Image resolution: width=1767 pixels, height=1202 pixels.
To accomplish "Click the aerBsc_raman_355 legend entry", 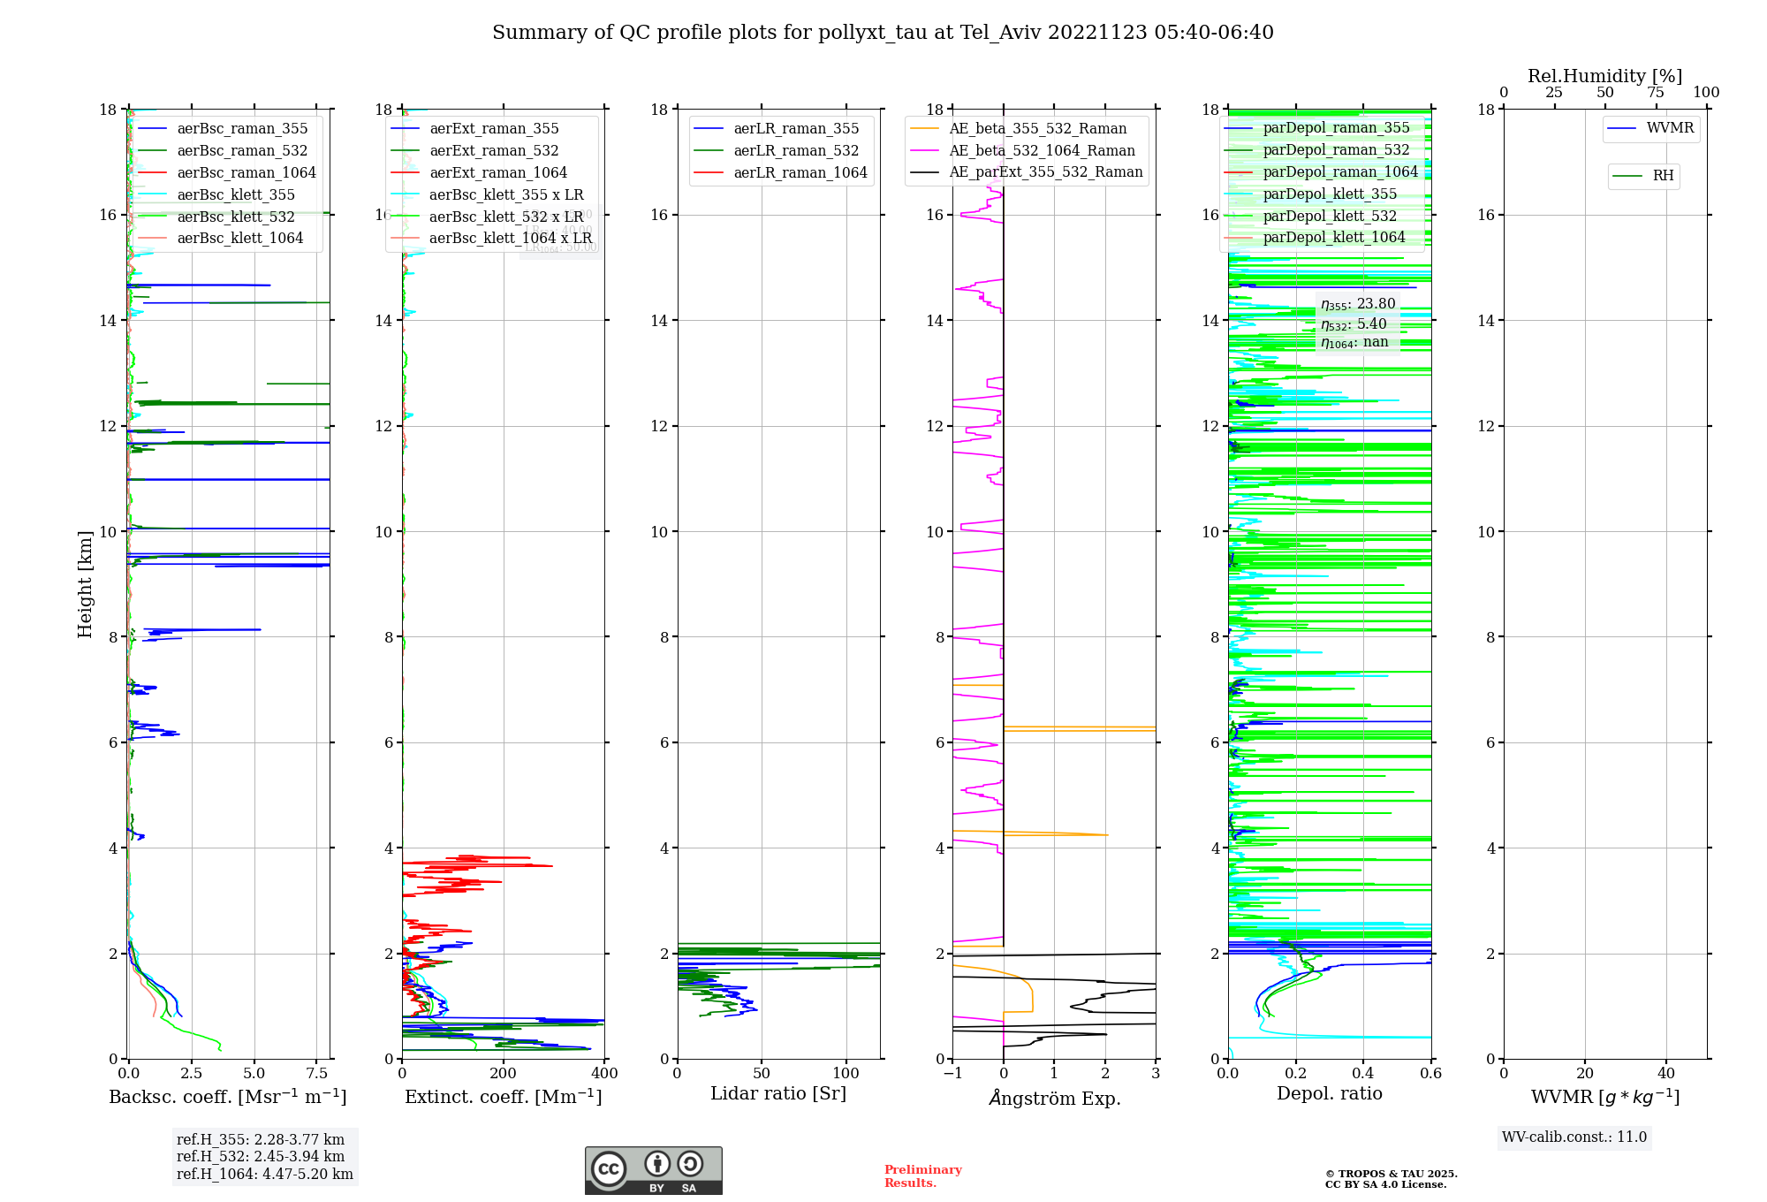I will (x=242, y=129).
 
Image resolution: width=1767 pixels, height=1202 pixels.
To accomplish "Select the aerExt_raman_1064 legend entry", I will (x=498, y=173).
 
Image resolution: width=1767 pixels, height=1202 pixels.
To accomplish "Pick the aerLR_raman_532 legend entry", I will (x=795, y=151).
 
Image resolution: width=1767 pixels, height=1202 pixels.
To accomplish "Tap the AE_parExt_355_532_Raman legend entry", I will (x=1045, y=172).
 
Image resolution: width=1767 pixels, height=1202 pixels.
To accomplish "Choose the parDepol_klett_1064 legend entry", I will (x=1333, y=238).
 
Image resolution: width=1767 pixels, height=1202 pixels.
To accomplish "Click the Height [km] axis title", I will (x=85, y=583).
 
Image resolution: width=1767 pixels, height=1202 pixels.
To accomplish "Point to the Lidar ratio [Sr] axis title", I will (x=777, y=1094).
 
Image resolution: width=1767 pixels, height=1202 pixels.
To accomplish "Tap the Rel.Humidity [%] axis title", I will (x=1604, y=76).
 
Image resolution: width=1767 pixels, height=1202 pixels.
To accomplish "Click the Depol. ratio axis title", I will (x=1329, y=1094).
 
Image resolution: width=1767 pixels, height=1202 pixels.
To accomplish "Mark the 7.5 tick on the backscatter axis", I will (x=317, y=1074).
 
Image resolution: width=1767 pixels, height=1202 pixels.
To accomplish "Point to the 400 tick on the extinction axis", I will (x=604, y=1074).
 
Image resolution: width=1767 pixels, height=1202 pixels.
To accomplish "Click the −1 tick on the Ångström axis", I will (x=952, y=1074).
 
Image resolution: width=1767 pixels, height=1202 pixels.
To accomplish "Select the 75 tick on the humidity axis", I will (x=1656, y=93).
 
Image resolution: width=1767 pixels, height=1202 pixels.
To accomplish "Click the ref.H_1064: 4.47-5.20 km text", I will (x=264, y=1175).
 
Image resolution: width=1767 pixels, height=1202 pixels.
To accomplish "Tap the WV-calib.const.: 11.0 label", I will (x=1574, y=1137).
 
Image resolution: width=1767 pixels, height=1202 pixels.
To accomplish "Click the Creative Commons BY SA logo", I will (x=653, y=1171).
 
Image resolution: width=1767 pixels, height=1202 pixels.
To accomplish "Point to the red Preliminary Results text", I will (x=922, y=1176).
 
